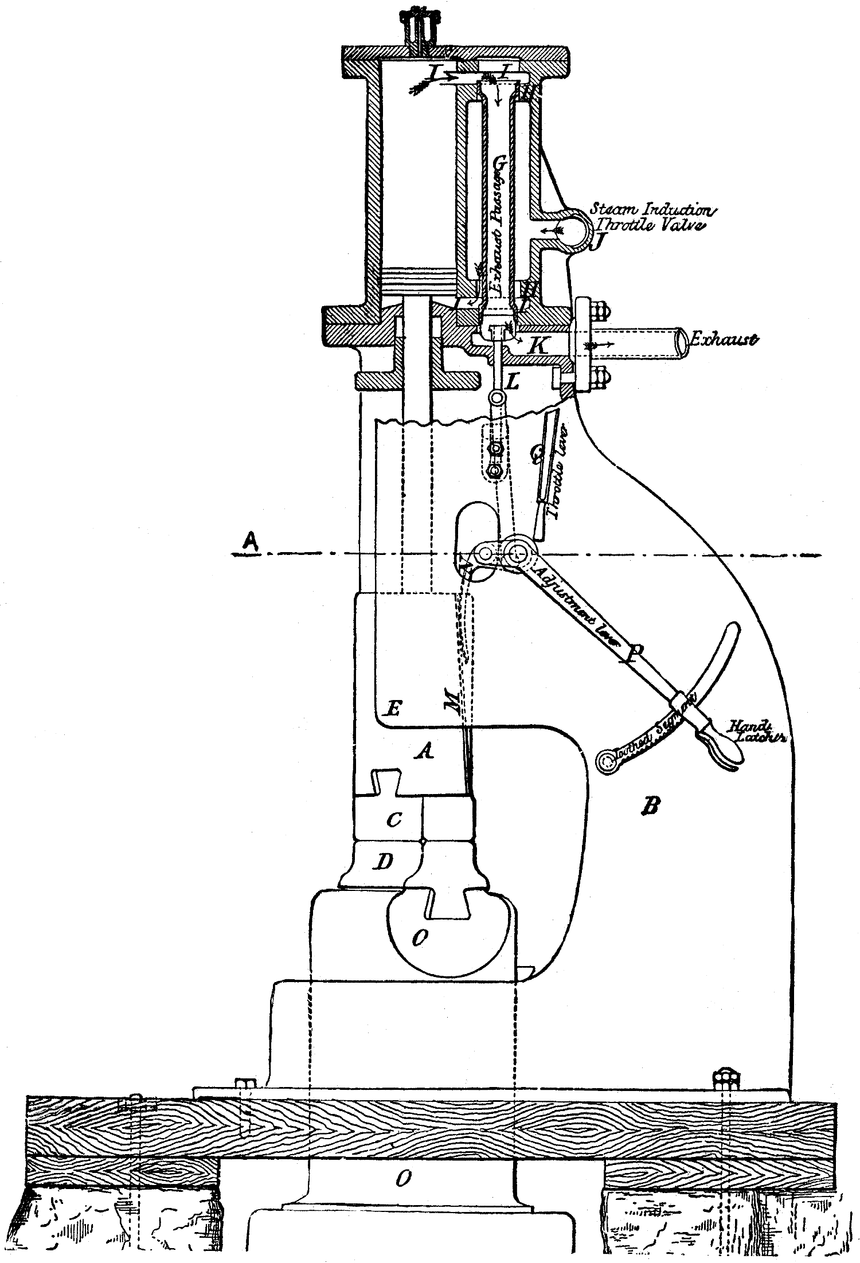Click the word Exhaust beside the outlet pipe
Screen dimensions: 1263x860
tap(724, 339)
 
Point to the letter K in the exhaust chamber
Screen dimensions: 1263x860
tap(537, 346)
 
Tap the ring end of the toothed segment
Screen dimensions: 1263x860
tap(606, 761)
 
